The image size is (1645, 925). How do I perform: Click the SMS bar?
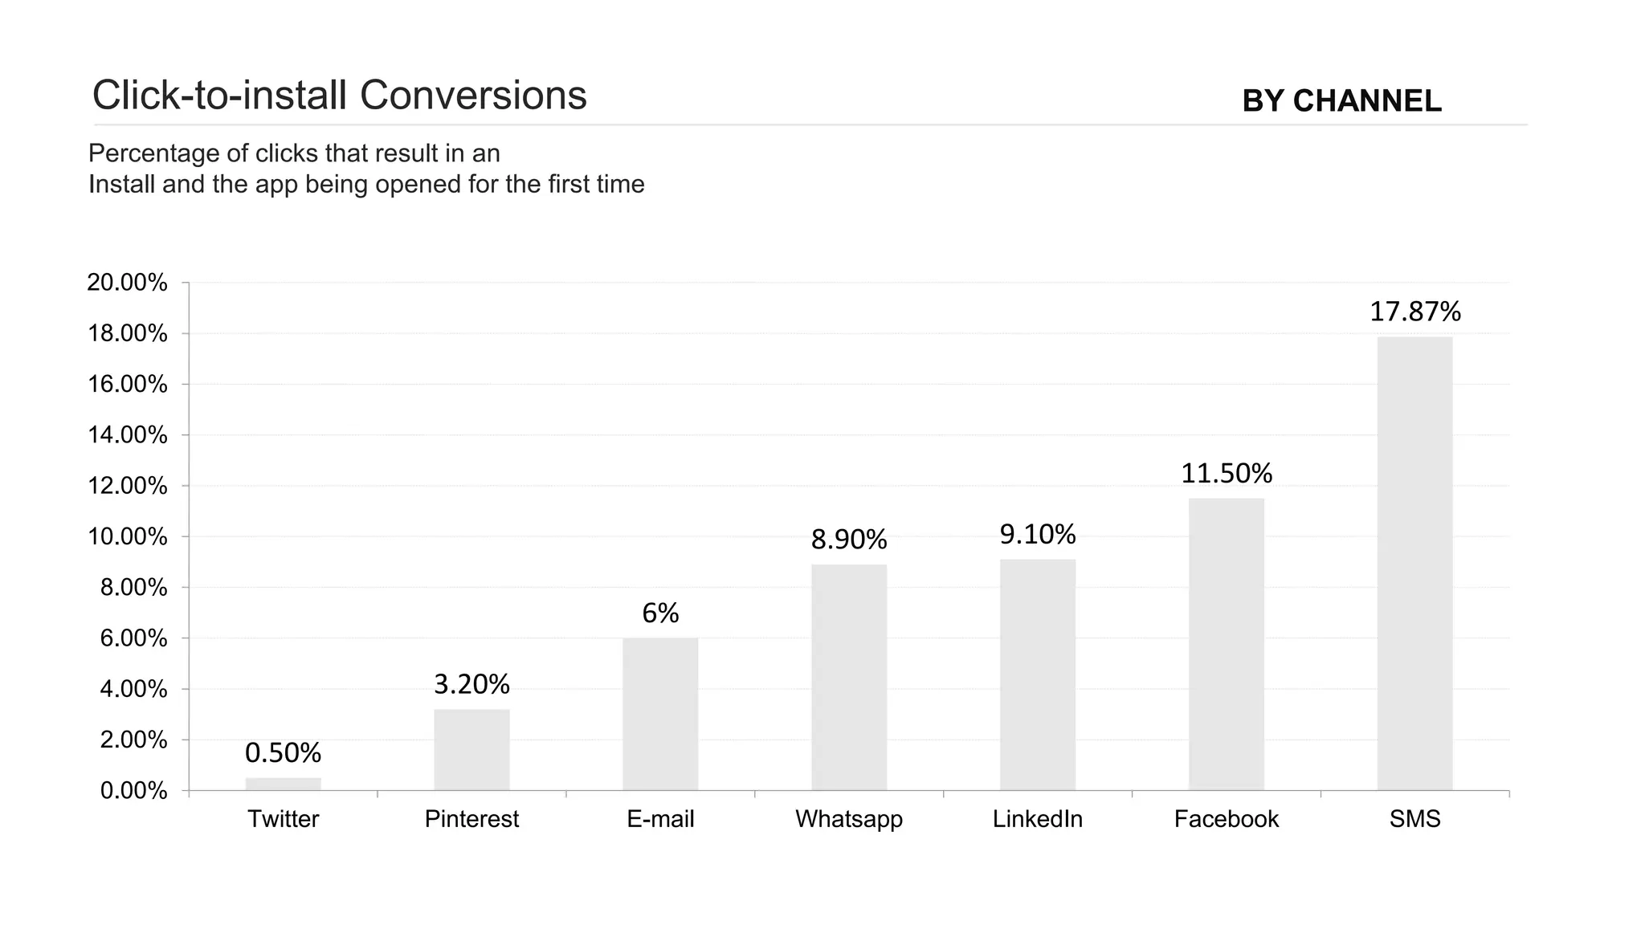tap(1414, 563)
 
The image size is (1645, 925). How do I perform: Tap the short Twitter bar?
tap(283, 784)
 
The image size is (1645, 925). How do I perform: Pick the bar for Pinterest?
tap(471, 749)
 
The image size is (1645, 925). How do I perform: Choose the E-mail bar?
tap(660, 714)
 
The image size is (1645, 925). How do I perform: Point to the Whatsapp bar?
tap(849, 677)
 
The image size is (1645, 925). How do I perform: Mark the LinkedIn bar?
tap(1037, 674)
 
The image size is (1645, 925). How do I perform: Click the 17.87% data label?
tap(1414, 312)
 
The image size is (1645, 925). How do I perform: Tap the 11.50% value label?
tap(1226, 474)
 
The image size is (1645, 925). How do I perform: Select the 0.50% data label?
tap(283, 753)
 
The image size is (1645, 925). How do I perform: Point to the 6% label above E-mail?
tap(660, 613)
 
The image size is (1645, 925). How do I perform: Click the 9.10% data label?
tap(1037, 534)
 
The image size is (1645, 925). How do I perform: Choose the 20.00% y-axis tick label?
tap(127, 283)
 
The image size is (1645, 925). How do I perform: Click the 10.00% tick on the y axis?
tap(127, 536)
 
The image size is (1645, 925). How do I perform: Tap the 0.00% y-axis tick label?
tap(133, 791)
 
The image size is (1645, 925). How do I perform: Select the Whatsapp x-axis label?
tap(849, 819)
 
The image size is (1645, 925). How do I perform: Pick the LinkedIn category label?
tap(1037, 819)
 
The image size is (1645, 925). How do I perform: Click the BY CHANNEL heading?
tap(1341, 101)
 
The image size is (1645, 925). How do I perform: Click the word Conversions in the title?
tap(473, 95)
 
